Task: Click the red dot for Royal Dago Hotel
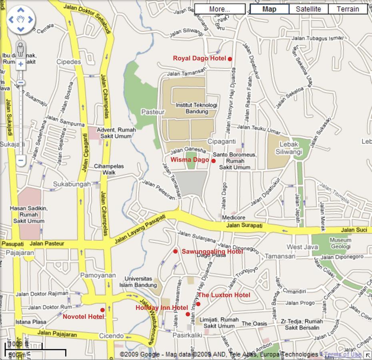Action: point(230,59)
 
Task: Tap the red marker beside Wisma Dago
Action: point(214,161)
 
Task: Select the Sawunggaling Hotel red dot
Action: point(175,251)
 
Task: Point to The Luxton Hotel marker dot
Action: point(198,304)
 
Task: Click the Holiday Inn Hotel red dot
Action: point(188,314)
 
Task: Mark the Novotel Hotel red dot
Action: point(102,310)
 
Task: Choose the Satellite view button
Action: point(308,9)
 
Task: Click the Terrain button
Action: point(348,9)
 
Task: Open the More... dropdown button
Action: point(220,9)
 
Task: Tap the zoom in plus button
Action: point(20,64)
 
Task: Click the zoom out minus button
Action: point(20,160)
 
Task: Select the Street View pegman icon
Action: point(20,49)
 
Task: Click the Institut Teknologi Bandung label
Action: point(196,108)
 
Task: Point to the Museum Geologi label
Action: point(340,244)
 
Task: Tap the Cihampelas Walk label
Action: point(109,169)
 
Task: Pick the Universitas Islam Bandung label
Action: point(138,282)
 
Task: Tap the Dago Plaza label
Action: point(211,255)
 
